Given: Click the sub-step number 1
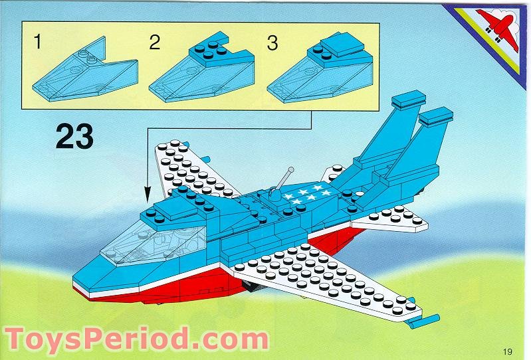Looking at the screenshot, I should point(38,43).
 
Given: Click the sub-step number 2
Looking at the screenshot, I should point(155,43).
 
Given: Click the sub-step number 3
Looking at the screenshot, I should point(272,44).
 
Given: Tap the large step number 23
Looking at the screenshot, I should point(74,137).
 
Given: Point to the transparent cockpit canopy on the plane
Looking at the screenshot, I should point(156,244).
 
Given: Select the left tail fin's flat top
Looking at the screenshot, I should point(408,101).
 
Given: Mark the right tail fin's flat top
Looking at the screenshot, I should point(436,116).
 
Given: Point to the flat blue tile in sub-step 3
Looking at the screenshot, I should point(339,45).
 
